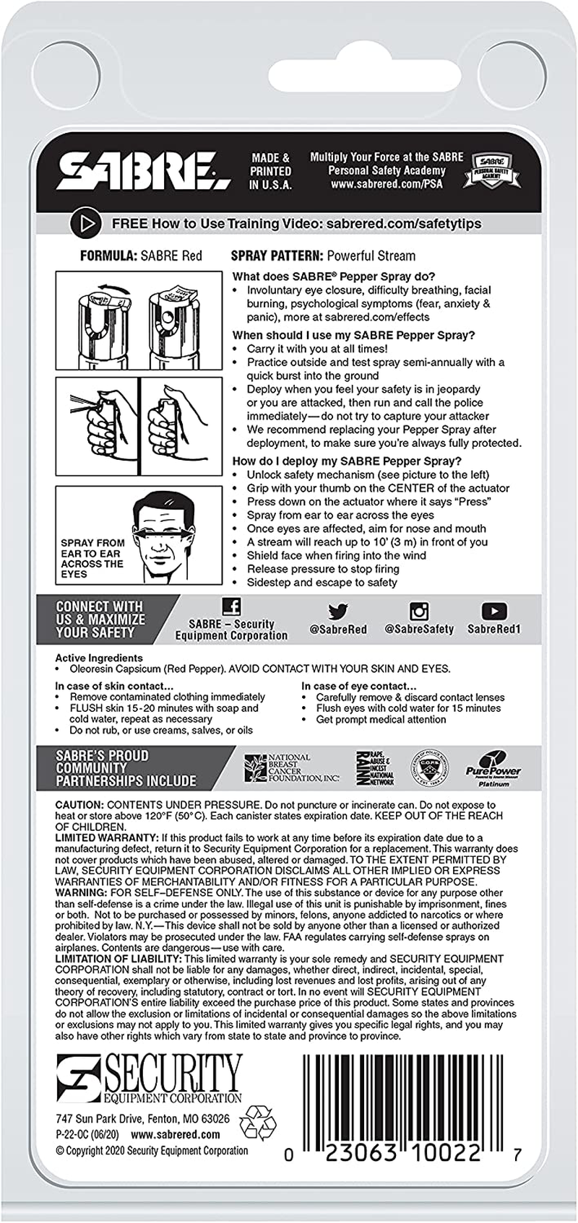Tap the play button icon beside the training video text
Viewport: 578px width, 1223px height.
[x=84, y=224]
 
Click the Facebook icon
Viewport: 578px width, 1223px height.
[x=231, y=606]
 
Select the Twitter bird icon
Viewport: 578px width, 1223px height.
[x=337, y=611]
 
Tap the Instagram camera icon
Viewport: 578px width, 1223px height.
[x=419, y=611]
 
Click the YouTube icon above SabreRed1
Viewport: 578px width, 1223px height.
[x=493, y=611]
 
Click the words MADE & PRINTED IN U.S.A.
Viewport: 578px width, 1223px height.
[x=270, y=171]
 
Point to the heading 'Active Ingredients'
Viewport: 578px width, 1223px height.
[x=99, y=658]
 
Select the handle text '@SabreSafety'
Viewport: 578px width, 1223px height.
[x=419, y=629]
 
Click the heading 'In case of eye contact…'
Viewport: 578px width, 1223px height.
[x=359, y=686]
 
